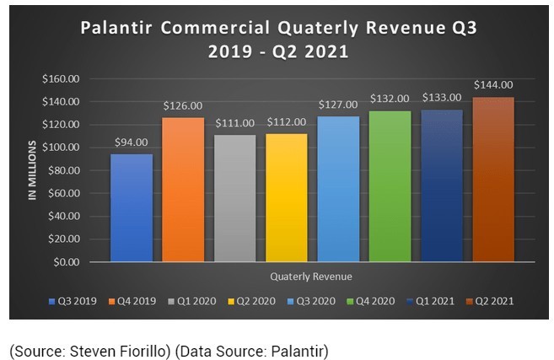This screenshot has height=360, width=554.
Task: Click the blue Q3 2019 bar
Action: point(132,207)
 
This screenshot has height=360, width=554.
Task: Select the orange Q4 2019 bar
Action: point(184,189)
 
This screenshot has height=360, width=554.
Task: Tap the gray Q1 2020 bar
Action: point(235,198)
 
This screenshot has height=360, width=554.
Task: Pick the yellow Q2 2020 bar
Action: point(287,197)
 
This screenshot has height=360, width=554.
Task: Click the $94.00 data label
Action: point(132,142)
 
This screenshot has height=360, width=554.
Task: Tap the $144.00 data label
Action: point(493,85)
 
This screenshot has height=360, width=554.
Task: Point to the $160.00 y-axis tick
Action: point(61,78)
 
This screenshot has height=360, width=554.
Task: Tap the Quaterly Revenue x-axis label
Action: point(312,277)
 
